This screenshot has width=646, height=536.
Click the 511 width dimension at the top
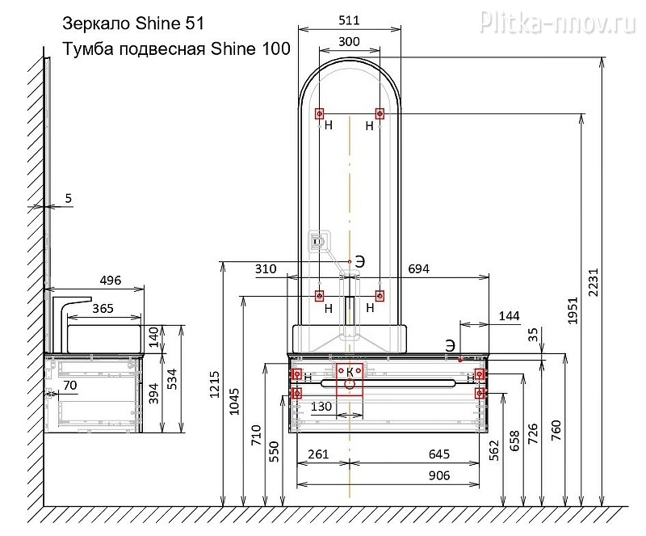[349, 21]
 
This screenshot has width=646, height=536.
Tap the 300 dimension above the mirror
[349, 42]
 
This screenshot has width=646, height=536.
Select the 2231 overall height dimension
[593, 283]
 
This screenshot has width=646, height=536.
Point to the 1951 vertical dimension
[573, 310]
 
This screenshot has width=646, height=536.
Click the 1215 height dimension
[214, 385]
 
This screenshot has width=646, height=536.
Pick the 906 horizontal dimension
[438, 475]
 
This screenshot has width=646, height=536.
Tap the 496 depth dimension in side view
[111, 281]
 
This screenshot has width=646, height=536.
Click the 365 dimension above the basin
[103, 309]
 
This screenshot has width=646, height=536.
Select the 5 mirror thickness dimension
[69, 198]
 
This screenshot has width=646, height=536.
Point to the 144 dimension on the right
[509, 316]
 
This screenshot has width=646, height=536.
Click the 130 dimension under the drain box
[321, 407]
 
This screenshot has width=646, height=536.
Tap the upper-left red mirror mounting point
[319, 113]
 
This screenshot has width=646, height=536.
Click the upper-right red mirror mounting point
[380, 113]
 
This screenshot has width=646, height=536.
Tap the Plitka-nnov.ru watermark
[558, 21]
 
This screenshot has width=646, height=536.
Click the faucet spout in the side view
[77, 300]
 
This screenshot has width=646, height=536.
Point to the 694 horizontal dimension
[418, 269]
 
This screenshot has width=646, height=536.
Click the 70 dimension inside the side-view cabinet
[70, 386]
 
